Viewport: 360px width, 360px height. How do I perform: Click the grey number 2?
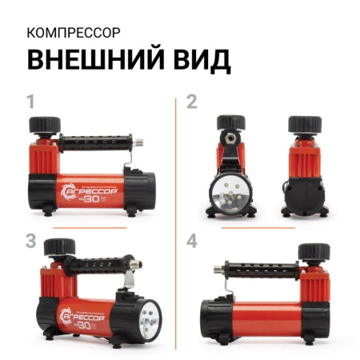pyautogui.click(x=191, y=102)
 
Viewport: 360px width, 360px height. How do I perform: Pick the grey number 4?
pyautogui.click(x=192, y=239)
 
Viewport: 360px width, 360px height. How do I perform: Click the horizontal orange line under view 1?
pyautogui.click(x=89, y=228)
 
